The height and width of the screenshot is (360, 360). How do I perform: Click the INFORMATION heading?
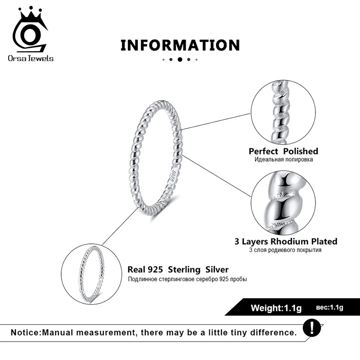(180, 45)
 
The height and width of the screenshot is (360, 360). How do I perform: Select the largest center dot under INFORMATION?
(180, 59)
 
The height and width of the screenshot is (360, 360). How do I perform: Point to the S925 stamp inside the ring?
(172, 176)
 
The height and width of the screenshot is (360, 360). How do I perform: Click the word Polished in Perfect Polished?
(301, 151)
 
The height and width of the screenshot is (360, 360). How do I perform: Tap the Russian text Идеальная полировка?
(283, 159)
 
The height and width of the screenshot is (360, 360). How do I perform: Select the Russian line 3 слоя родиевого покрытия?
(286, 250)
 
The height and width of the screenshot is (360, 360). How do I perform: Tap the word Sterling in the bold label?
(184, 270)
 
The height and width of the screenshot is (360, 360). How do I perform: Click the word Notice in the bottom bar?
(26, 333)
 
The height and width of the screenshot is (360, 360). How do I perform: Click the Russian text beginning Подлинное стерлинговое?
(187, 279)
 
